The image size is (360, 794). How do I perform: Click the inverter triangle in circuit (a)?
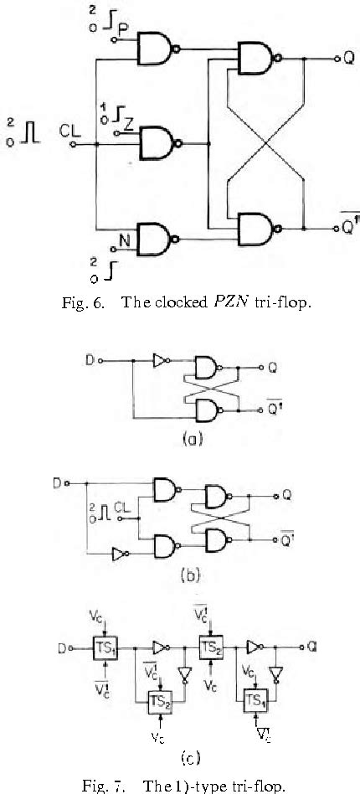click(160, 362)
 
